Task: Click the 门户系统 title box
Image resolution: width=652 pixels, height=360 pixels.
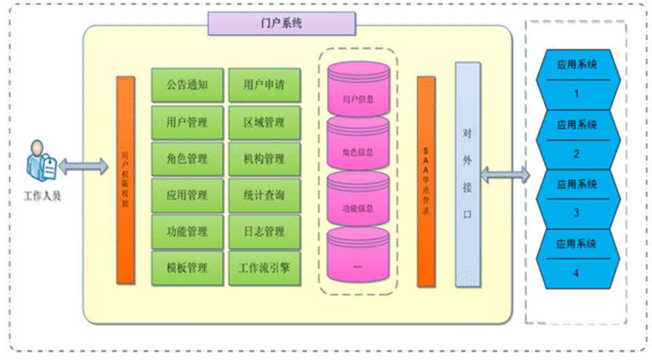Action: coord(281,23)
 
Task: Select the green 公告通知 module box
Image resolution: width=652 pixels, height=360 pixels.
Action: coord(187,86)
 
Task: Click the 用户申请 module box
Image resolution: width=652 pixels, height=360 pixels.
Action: coord(264,86)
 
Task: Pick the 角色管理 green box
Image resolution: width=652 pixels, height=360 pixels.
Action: coord(187,159)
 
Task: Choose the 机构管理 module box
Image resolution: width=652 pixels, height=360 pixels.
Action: coord(264,159)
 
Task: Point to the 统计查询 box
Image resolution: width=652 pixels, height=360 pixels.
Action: coord(264,196)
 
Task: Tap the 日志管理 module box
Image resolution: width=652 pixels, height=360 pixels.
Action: coord(264,232)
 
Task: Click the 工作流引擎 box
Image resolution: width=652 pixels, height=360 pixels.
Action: coord(264,268)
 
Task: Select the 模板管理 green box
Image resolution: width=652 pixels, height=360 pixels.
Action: coord(187,268)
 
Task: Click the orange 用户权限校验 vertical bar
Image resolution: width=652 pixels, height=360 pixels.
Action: coord(126,180)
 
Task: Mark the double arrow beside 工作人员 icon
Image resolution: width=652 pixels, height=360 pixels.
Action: coord(84,165)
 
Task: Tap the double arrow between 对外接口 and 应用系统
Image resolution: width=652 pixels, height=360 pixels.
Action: coord(505,175)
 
